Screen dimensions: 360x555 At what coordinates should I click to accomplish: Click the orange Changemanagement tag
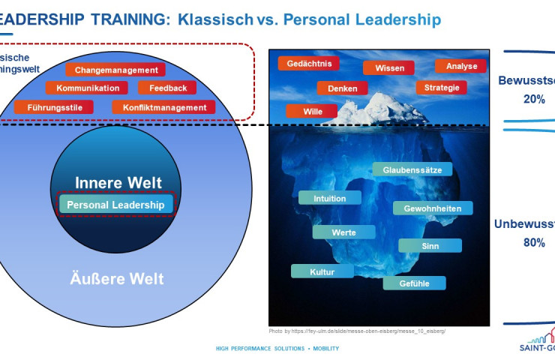pyautogui.click(x=115, y=70)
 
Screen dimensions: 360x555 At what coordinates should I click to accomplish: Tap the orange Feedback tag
pyautogui.click(x=167, y=88)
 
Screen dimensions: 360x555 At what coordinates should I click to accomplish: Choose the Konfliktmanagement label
pyautogui.click(x=163, y=107)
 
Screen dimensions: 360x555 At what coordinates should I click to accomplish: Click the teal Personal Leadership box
pyautogui.click(x=116, y=204)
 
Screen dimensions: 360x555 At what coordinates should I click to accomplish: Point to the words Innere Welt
pyautogui.click(x=118, y=183)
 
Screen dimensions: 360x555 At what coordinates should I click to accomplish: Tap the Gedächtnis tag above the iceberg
pyautogui.click(x=308, y=64)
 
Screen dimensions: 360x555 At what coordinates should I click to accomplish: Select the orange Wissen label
pyautogui.click(x=388, y=67)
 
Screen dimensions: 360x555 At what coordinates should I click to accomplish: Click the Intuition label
pyautogui.click(x=330, y=199)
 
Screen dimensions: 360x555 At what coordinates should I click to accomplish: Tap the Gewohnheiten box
pyautogui.click(x=433, y=208)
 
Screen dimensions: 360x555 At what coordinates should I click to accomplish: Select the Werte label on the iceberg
pyautogui.click(x=343, y=232)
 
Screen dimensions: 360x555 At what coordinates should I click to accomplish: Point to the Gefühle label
pyautogui.click(x=414, y=283)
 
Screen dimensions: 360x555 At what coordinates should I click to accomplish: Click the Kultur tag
pyautogui.click(x=322, y=271)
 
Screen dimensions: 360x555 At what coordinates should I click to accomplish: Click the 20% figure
pyautogui.click(x=534, y=98)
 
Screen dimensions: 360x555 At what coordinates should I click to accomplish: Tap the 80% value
pyautogui.click(x=534, y=242)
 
